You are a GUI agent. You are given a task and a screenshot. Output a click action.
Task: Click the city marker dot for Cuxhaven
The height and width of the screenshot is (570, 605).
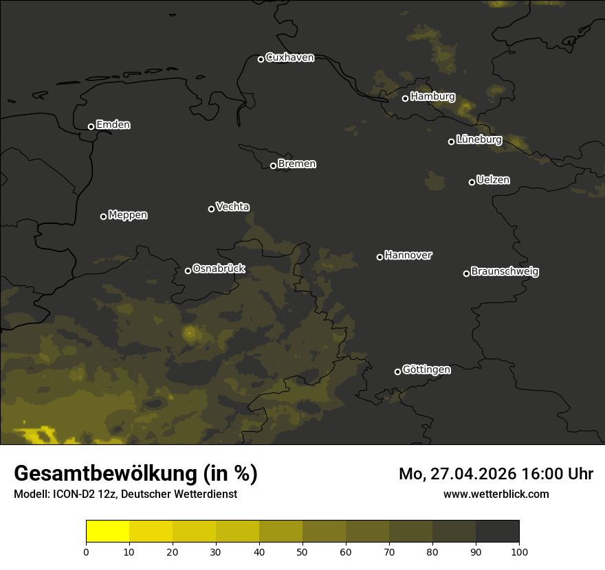tap(261, 59)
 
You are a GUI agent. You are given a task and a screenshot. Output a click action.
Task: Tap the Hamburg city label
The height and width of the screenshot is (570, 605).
tap(432, 97)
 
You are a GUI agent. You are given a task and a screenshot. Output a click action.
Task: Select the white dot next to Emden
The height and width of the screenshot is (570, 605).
tap(91, 126)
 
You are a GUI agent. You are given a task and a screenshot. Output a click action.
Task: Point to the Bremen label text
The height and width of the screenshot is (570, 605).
tap(297, 164)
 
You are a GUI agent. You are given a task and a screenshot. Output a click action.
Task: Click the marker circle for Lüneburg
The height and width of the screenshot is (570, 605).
tap(451, 141)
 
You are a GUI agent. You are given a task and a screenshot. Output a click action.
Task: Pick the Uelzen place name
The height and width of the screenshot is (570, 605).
tap(493, 180)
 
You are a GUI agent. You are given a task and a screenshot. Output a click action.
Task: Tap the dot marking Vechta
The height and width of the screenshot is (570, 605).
tap(211, 209)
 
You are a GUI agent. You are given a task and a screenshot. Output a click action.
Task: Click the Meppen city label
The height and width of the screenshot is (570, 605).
tap(128, 215)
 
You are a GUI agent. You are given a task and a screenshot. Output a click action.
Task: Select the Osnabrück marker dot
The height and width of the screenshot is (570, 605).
tap(188, 271)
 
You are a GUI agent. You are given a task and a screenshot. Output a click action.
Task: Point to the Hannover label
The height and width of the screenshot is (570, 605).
tap(408, 255)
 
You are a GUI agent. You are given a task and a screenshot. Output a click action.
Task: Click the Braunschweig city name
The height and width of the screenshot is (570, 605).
tap(505, 271)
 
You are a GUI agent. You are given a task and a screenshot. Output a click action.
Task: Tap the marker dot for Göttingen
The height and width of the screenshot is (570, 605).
tap(397, 372)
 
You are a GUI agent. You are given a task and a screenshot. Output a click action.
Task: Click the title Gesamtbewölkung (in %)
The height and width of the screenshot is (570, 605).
tap(135, 473)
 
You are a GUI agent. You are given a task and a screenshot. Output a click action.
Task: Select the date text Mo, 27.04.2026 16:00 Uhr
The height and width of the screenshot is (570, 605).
tap(496, 474)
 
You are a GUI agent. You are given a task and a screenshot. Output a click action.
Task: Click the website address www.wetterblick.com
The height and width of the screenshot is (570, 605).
tap(496, 494)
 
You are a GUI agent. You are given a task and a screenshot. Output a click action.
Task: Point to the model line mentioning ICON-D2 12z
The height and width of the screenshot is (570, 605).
tap(125, 494)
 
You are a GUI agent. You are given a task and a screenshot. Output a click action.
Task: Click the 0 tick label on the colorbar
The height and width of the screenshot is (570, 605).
tap(86, 551)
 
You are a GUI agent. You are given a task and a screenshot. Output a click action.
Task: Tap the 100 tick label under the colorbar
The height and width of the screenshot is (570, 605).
tap(519, 551)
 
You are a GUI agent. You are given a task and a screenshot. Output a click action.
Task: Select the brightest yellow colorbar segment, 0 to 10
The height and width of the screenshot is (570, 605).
tap(108, 532)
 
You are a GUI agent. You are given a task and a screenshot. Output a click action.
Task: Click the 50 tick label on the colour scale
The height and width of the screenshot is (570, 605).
tap(302, 551)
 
